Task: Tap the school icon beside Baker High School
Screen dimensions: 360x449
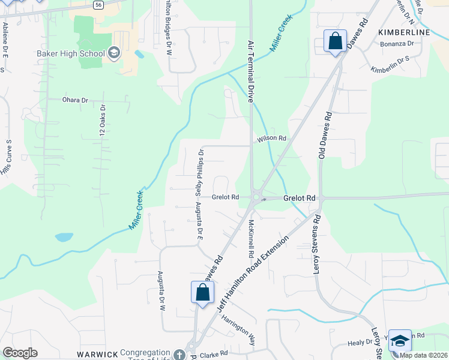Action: (113, 54)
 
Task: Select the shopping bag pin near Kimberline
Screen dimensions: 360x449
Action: (334, 41)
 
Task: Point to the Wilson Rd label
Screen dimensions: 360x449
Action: (271, 139)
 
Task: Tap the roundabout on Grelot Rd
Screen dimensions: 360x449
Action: (258, 196)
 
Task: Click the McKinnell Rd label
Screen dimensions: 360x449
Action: (250, 238)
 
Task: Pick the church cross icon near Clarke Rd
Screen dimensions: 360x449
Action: (178, 355)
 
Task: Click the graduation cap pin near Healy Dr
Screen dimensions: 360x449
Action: (400, 341)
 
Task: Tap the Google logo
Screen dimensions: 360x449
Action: (20, 353)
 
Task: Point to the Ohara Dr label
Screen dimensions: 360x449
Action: (75, 100)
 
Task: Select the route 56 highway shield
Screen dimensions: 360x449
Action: (98, 4)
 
